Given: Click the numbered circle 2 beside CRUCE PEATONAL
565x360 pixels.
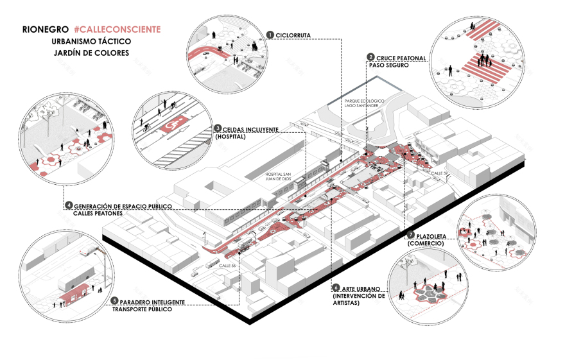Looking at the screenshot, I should (370, 57).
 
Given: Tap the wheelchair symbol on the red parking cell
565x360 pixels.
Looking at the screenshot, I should (171, 126).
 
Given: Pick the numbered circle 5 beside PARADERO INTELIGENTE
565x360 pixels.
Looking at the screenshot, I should (114, 301).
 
